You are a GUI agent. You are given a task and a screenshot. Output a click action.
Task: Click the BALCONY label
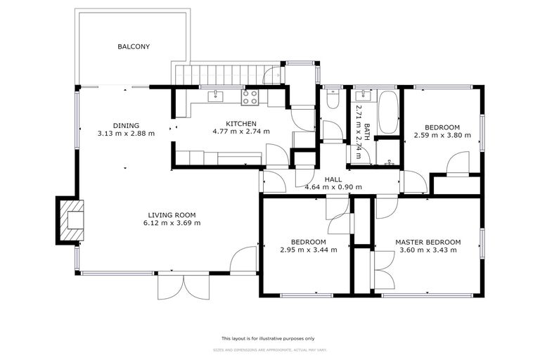tap(134, 47)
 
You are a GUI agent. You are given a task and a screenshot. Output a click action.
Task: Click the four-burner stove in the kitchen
tap(250, 97)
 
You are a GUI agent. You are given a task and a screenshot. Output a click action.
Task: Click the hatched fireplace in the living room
tap(71, 220)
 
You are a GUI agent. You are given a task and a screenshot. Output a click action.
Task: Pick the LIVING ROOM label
tap(172, 215)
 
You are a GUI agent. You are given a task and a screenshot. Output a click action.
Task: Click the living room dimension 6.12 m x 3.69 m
tap(172, 224)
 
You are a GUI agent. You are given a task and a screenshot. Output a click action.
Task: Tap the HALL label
tap(333, 179)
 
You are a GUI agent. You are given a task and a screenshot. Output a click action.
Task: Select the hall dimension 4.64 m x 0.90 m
tap(333, 187)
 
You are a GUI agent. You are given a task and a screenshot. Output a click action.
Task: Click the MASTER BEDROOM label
tap(427, 242)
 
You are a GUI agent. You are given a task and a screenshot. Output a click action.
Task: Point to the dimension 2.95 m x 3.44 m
tap(308, 250)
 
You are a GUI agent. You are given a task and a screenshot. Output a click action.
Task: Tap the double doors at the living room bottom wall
tap(184, 286)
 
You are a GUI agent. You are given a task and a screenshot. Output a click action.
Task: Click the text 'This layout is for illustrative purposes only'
tap(269, 338)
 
